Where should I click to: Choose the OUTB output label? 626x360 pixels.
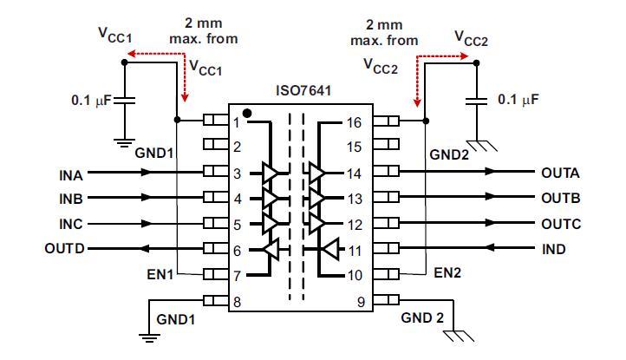(x=560, y=198)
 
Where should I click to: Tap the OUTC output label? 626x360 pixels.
(x=560, y=223)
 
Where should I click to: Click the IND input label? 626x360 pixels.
(x=554, y=249)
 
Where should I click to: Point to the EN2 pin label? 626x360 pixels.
(x=447, y=273)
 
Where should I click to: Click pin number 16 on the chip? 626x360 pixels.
(x=354, y=122)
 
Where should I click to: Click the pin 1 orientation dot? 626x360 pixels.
(x=247, y=113)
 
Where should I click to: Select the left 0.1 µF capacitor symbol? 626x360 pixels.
(x=126, y=101)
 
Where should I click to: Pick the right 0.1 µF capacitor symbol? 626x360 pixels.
(x=476, y=101)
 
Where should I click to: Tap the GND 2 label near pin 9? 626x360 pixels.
(x=422, y=317)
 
